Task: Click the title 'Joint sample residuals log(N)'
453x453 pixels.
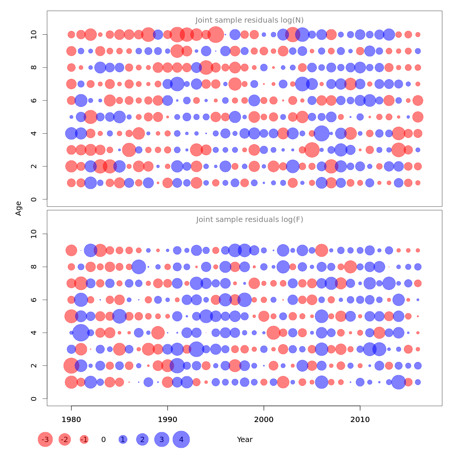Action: click(x=250, y=20)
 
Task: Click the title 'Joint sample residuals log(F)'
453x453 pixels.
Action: click(x=250, y=220)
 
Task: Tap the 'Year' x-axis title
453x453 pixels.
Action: click(x=245, y=439)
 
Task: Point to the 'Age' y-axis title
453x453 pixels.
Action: click(x=18, y=208)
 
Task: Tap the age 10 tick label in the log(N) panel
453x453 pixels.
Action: click(x=34, y=35)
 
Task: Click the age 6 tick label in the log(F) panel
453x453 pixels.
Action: click(x=34, y=300)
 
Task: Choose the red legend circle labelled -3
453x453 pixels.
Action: click(x=45, y=439)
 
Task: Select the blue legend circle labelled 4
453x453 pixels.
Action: click(x=181, y=439)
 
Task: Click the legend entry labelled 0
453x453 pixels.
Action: click(x=103, y=439)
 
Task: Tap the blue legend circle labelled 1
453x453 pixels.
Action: click(x=123, y=439)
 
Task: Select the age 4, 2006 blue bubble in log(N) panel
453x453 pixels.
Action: click(x=322, y=133)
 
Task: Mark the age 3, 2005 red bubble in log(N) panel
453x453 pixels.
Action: click(x=312, y=150)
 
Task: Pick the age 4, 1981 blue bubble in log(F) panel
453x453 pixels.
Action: click(x=81, y=333)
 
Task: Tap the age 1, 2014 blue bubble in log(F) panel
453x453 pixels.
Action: click(x=399, y=382)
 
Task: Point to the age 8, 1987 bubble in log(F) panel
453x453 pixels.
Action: click(x=139, y=267)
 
